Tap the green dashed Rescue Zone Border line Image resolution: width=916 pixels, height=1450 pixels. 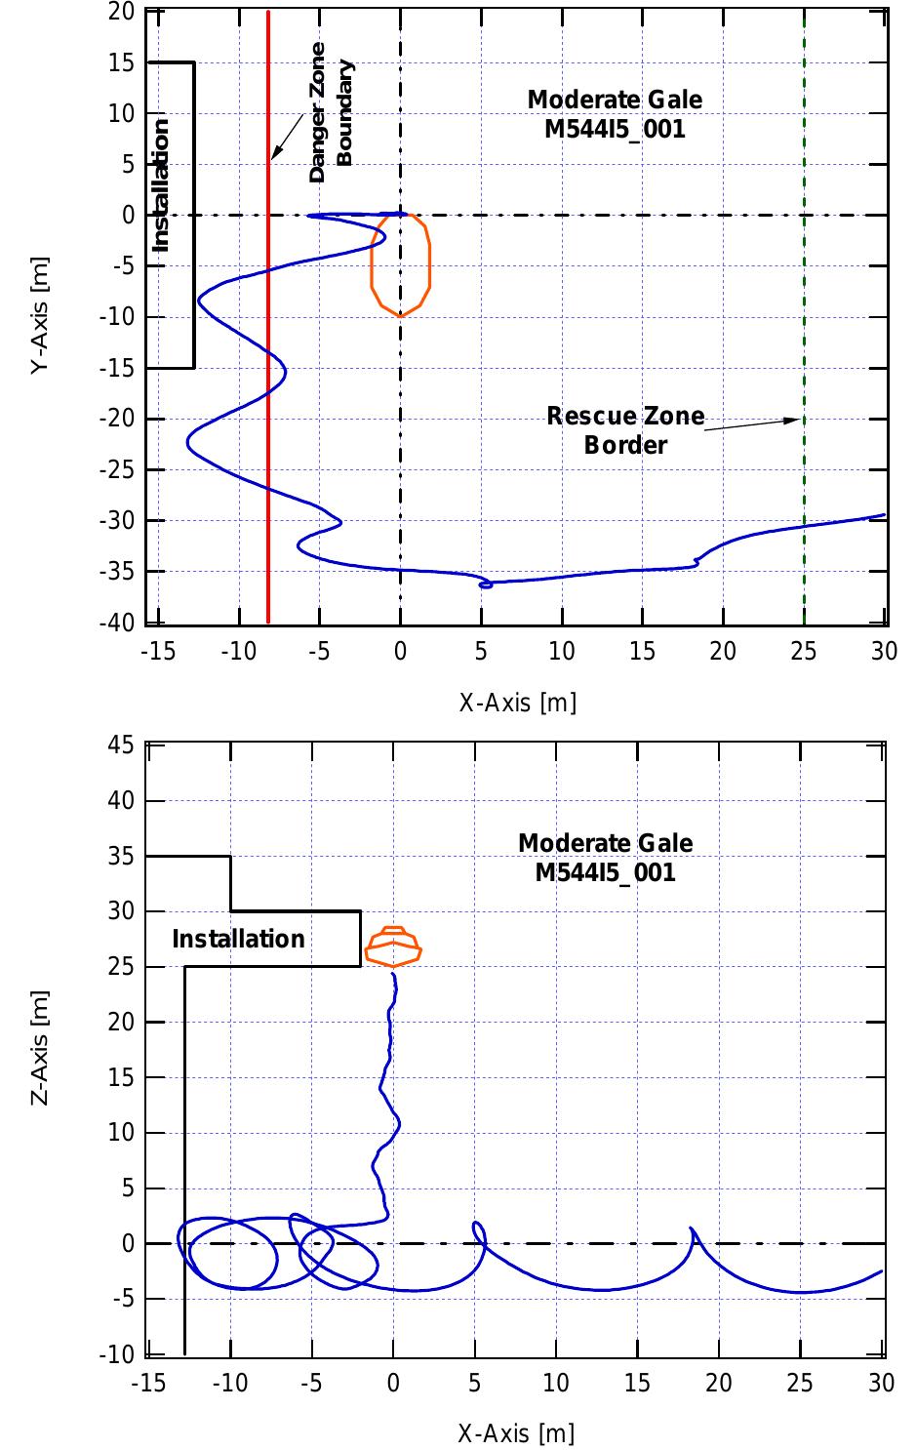(804, 293)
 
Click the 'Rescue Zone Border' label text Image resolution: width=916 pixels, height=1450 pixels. (625, 430)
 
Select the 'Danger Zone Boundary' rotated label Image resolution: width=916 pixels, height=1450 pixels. (331, 113)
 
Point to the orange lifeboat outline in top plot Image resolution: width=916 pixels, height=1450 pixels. (401, 264)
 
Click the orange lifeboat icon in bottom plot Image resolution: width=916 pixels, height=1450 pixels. (393, 947)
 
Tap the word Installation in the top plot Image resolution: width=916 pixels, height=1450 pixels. (162, 185)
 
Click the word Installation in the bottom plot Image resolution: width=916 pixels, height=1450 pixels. (238, 939)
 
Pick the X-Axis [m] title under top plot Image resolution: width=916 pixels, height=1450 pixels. (517, 702)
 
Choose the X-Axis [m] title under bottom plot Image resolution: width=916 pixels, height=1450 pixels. (516, 1432)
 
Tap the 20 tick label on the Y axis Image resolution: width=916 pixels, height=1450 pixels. (122, 12)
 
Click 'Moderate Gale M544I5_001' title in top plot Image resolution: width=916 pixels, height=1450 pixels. (615, 114)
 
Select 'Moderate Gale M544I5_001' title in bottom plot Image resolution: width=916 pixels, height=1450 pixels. (606, 857)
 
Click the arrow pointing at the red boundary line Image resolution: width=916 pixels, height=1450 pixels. (286, 138)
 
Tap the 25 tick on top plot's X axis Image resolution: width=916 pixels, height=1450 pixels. (804, 651)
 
